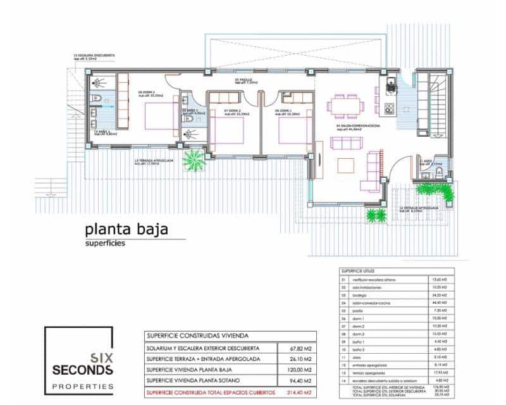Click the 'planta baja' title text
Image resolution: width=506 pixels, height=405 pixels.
coord(126,230)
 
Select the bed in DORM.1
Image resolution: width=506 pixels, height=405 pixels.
coord(295,127)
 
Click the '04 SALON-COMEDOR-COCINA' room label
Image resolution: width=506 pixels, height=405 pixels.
coord(358,126)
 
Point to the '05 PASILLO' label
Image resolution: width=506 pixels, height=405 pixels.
coord(244,82)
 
